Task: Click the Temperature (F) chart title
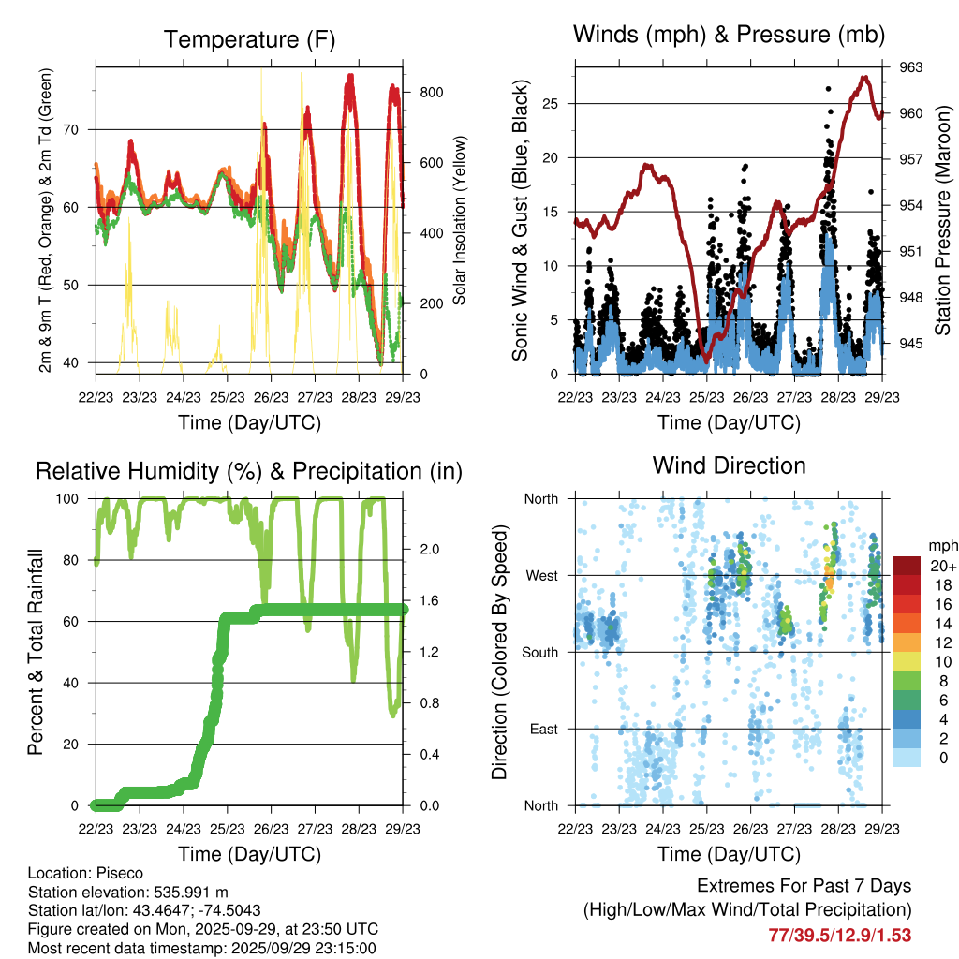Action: pyautogui.click(x=249, y=40)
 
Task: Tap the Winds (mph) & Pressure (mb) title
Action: pyautogui.click(x=729, y=36)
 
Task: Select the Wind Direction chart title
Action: pyautogui.click(x=729, y=465)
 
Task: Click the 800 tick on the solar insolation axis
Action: pyautogui.click(x=432, y=92)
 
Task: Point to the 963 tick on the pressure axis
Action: pyautogui.click(x=911, y=67)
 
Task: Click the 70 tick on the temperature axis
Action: pyautogui.click(x=82, y=129)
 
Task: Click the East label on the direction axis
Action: pyautogui.click(x=542, y=729)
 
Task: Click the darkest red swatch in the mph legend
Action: pyautogui.click(x=907, y=567)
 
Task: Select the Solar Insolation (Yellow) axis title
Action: pyautogui.click(x=460, y=220)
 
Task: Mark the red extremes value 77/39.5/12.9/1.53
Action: pyautogui.click(x=839, y=936)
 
